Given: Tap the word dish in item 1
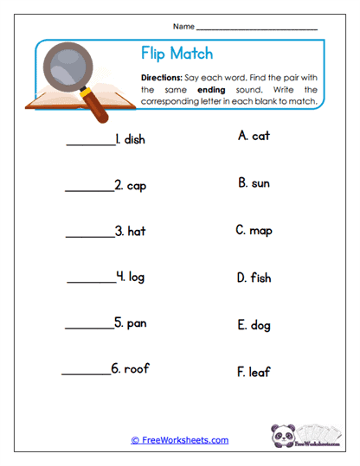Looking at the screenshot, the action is [134, 139].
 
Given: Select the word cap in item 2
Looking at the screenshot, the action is [136, 185].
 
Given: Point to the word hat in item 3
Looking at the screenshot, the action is [136, 231].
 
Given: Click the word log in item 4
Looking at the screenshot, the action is [137, 277].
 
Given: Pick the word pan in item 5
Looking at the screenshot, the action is [136, 322].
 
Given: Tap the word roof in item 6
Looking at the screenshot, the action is [137, 368].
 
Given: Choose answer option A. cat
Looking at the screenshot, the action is [253, 136].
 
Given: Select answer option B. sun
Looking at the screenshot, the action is [254, 182].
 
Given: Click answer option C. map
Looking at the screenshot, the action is [254, 231].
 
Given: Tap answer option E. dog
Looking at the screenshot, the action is [254, 325].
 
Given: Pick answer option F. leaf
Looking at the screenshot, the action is [254, 372].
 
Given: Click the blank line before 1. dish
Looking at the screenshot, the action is [90, 144].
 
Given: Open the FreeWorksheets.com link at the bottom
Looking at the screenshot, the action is [180, 440].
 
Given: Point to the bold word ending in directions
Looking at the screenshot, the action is [210, 89].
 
